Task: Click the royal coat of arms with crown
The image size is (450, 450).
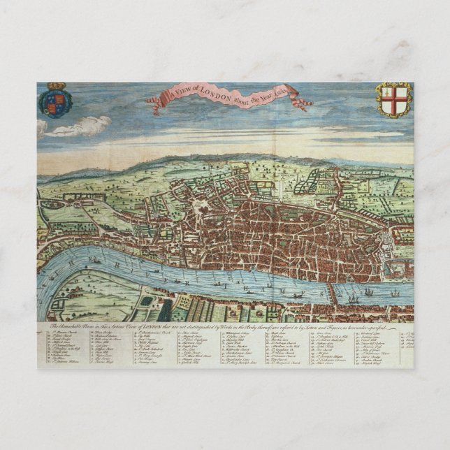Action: point(55,100)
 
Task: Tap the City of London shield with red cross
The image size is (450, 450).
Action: point(394,99)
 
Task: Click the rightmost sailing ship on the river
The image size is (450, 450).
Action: point(395,292)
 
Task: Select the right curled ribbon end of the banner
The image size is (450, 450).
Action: point(301,103)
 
